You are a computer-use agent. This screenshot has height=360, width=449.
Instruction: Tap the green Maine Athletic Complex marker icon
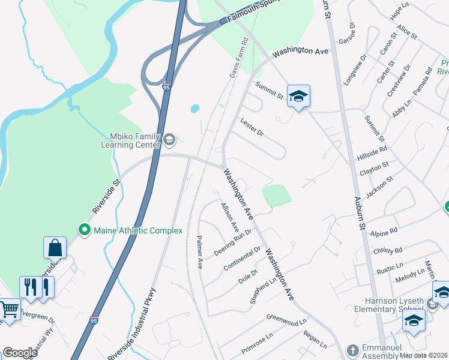[85, 229]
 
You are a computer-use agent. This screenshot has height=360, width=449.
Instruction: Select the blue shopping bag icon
[55, 247]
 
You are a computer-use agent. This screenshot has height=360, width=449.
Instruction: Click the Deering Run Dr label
[232, 242]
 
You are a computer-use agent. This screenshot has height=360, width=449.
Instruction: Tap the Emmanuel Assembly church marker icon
[354, 349]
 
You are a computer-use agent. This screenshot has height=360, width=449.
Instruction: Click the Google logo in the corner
[20, 353]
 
